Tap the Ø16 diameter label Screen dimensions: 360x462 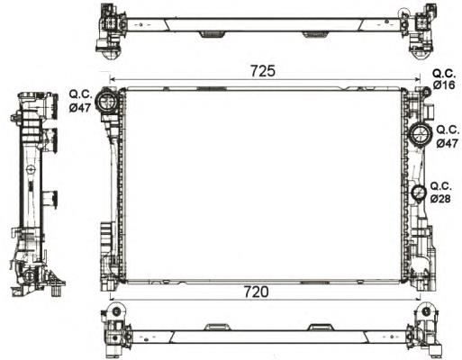[444, 85]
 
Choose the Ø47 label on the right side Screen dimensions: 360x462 [448, 142]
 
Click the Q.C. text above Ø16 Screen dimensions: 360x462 [444, 72]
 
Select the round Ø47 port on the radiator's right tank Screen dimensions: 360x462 [420, 137]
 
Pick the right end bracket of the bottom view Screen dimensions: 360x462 [421, 329]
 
